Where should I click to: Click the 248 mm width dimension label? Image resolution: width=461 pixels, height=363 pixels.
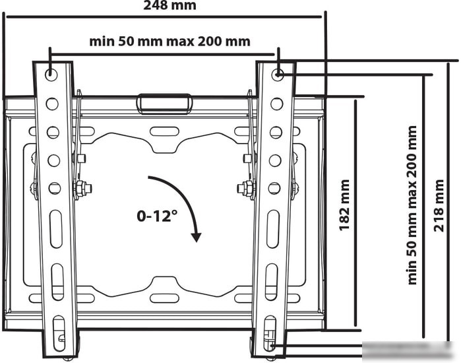pos(169,5)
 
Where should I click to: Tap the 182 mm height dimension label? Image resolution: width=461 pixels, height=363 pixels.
pos(344,205)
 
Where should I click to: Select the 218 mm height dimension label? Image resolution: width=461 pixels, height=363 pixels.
pos(439,205)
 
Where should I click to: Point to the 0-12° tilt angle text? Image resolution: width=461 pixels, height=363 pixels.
pos(157,216)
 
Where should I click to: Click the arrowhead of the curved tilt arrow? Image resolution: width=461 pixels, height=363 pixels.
pos(196,237)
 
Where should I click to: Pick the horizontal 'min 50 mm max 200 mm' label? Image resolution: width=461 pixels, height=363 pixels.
pos(169,41)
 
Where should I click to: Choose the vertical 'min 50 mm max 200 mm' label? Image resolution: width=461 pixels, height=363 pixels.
pos(412,205)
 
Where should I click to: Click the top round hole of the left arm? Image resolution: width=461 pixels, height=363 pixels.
pos(51,75)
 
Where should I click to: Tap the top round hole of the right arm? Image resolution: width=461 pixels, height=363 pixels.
pos(277,75)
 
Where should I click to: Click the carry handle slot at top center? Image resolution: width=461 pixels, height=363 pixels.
pos(164,104)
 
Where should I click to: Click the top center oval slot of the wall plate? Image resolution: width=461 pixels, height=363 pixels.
pos(164,131)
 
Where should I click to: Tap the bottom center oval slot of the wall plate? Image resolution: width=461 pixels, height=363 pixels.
pos(164,298)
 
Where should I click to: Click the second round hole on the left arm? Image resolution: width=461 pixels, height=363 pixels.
pos(52,104)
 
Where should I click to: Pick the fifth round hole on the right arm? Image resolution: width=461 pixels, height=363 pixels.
pos(274,188)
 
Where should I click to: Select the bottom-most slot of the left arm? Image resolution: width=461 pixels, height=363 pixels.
pos(59,333)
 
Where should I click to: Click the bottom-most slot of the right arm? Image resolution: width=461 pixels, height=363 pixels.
pos(270,333)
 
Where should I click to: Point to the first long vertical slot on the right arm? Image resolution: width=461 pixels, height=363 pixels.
pos(273,229)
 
